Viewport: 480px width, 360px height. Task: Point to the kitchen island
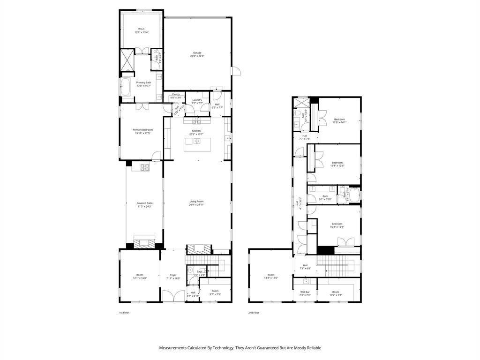point(197,145)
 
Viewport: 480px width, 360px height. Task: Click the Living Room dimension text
point(196,205)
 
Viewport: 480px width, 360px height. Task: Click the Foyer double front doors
point(173,296)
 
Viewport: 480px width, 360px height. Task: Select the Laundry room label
point(197,99)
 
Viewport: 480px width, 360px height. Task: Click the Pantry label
point(176,94)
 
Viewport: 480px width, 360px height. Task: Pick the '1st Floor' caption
point(124,313)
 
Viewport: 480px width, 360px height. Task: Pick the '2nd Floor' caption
point(253,313)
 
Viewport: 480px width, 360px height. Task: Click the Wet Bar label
point(305,292)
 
